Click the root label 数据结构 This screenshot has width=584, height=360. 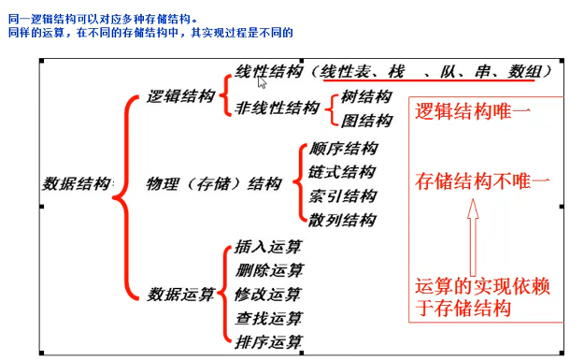[x=77, y=183]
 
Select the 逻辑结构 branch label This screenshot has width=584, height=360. [x=181, y=96]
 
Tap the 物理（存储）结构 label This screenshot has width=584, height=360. [x=214, y=184]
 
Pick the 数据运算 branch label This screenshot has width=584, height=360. [x=181, y=294]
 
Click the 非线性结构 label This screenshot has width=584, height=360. [x=278, y=108]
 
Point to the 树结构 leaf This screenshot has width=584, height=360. [x=367, y=96]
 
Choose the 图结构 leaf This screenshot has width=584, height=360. [x=367, y=120]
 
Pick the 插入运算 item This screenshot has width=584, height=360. [x=269, y=248]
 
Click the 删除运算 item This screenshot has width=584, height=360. [x=269, y=271]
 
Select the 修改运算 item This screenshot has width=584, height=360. [x=269, y=295]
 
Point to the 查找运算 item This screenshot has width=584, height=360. [x=269, y=318]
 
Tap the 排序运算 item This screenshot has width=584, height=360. [x=269, y=341]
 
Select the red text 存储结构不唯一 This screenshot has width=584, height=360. [x=483, y=180]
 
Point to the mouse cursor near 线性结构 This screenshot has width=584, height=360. [x=264, y=81]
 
